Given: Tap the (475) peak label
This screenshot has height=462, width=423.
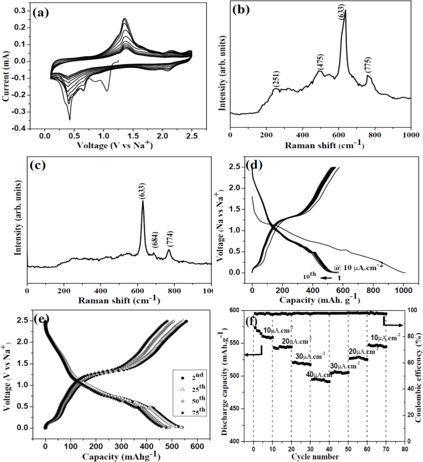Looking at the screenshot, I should coord(319,62).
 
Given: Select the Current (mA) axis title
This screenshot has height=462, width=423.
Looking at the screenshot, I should coord(6,67).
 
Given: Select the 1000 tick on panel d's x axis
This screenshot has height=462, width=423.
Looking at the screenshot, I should coord(404,288).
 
